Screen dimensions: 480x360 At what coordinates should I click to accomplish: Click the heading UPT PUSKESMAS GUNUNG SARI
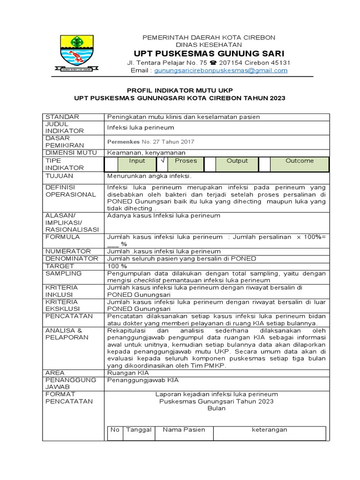(x=209, y=52)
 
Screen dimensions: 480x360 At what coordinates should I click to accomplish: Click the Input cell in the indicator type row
(x=137, y=161)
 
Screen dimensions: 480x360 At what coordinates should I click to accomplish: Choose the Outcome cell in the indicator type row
(x=300, y=161)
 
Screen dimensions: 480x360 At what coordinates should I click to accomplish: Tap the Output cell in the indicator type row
(x=237, y=161)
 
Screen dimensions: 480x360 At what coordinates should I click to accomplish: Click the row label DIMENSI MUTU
(x=71, y=153)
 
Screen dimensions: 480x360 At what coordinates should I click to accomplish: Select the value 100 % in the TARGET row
(x=118, y=266)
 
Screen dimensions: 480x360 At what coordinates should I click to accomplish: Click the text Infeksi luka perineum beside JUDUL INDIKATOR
(x=141, y=127)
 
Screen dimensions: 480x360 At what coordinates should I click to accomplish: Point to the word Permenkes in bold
(x=124, y=142)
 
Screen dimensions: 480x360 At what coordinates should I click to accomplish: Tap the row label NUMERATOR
(x=68, y=251)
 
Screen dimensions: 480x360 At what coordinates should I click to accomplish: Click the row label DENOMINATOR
(x=72, y=258)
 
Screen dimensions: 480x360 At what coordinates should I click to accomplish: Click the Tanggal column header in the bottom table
(x=138, y=430)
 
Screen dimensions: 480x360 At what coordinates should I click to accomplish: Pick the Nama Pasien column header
(x=184, y=430)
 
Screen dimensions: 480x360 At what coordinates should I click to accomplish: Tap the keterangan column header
(x=270, y=430)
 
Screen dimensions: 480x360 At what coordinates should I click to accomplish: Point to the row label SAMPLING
(x=63, y=273)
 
